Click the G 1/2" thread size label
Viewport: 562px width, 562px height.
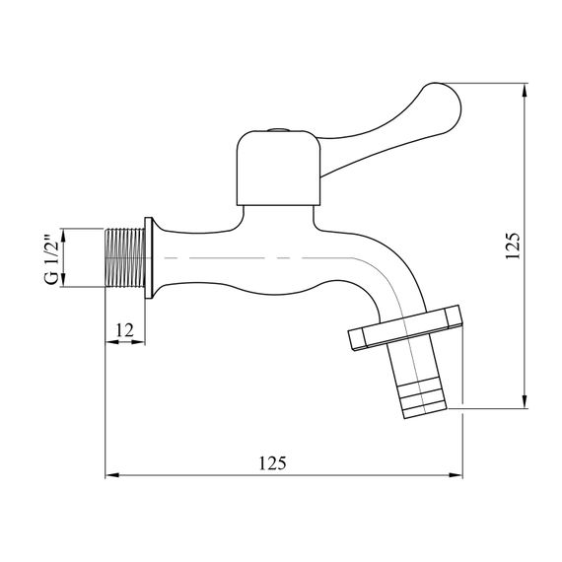(51, 259)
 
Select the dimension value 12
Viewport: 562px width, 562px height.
(124, 330)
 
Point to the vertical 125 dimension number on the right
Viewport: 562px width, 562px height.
(511, 246)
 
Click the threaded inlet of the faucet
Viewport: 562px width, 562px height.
(124, 259)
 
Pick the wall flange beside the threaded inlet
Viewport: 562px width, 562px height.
(148, 259)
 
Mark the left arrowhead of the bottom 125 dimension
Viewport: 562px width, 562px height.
(110, 475)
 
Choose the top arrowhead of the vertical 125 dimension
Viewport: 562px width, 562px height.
(524, 87)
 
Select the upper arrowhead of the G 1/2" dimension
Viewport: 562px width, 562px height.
(65, 234)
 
